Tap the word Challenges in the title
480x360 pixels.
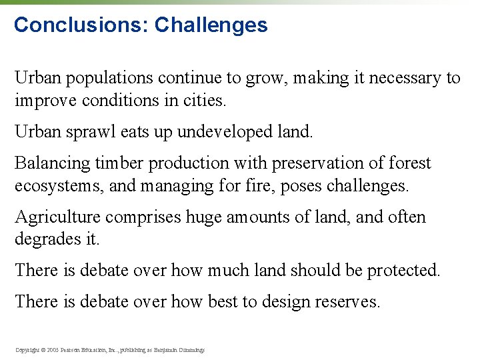pyautogui.click(x=211, y=25)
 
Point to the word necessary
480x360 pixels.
pyautogui.click(x=402, y=78)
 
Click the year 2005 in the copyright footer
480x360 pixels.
pyautogui.click(x=54, y=349)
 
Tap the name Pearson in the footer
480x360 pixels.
pyautogui.click(x=75, y=349)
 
